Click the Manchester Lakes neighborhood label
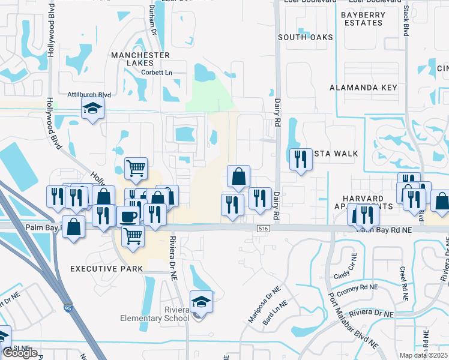(x=140, y=55)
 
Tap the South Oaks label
(x=305, y=37)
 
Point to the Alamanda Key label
(x=363, y=88)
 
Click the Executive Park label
(x=107, y=269)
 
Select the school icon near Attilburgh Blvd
(x=93, y=109)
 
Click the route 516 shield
(x=263, y=229)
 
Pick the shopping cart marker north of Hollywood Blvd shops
(x=136, y=169)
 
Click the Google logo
(x=20, y=353)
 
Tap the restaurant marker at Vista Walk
(x=299, y=159)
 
